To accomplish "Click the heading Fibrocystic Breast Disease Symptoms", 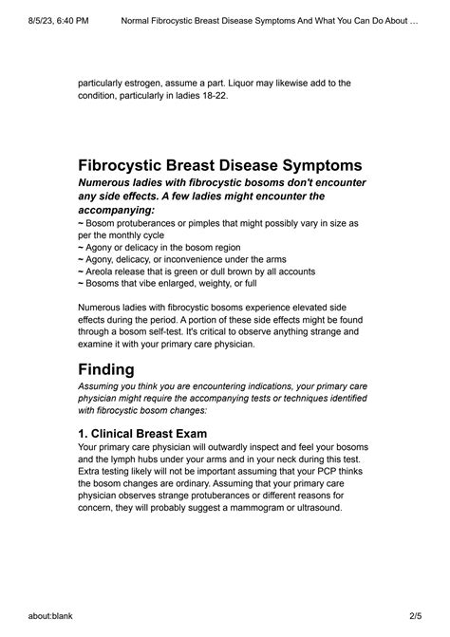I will click(x=220, y=164).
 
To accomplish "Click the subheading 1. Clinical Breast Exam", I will click(x=142, y=433).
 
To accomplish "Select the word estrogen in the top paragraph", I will click(x=148, y=83).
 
